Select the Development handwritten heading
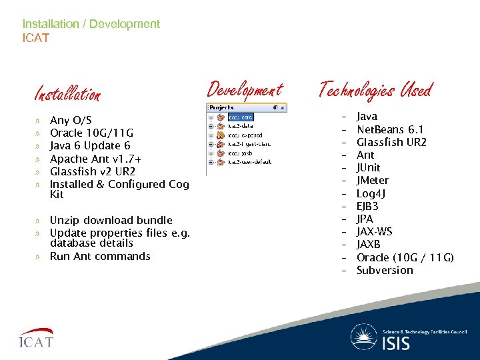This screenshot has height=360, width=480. coord(245,89)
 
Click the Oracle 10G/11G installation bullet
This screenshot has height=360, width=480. coord(91,133)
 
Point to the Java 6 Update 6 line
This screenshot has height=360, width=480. coord(90,146)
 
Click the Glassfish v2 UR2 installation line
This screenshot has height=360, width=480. coord(93,171)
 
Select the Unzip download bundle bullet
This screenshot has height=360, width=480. coord(111,220)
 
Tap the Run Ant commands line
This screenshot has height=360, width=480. coord(100,257)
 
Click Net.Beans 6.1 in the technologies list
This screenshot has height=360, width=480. coord(390,129)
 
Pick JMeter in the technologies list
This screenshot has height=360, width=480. coord(373,181)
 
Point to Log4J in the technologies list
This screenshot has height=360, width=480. coord(371,193)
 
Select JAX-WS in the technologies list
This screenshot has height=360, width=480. coord(374,232)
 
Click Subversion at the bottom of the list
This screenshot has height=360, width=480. coord(385,271)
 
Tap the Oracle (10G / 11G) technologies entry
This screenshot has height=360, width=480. coord(405,257)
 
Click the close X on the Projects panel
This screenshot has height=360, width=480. coord(282,107)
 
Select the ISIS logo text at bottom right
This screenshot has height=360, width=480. coord(397,343)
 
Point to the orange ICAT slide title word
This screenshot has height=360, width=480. coord(36,38)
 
